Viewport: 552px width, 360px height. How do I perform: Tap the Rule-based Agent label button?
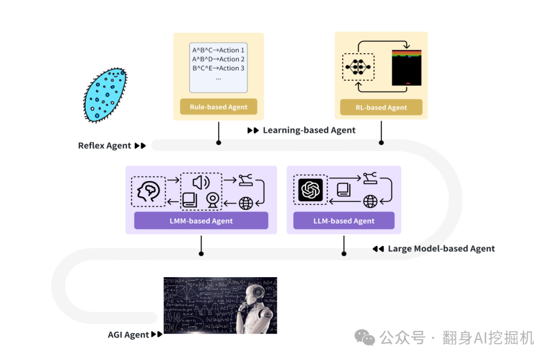click(218, 107)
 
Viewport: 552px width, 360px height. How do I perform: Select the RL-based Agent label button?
click(381, 107)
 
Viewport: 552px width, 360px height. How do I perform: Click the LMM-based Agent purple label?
click(201, 221)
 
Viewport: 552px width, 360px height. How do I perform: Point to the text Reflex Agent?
click(105, 146)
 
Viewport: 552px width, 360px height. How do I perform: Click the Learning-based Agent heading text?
click(309, 130)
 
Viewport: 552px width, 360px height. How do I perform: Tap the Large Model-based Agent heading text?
click(441, 249)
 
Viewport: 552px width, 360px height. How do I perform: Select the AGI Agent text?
click(128, 335)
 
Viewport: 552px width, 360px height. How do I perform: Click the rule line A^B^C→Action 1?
click(218, 50)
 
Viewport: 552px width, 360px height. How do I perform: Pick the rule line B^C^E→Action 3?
click(218, 68)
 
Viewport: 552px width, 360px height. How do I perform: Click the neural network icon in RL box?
click(357, 67)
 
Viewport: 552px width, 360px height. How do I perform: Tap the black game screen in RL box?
click(407, 67)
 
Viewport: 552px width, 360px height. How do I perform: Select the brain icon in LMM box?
click(148, 192)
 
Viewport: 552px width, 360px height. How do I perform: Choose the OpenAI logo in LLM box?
click(310, 190)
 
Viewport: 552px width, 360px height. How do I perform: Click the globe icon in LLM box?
click(370, 201)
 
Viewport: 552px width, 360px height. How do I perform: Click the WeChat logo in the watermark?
click(365, 337)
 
